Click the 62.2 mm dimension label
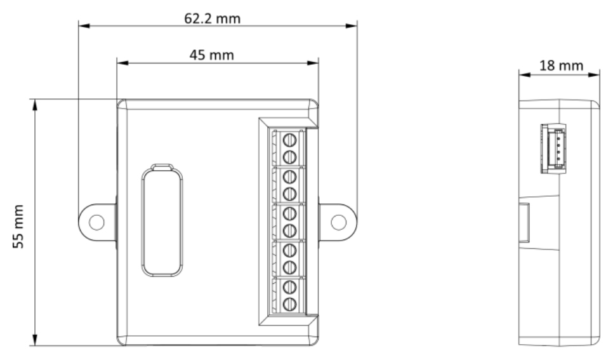point(213,18)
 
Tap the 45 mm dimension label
point(212,55)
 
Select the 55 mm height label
point(18,226)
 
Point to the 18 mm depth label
point(562,65)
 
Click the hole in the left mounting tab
point(96,222)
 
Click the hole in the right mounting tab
point(339,222)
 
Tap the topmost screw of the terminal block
point(289,140)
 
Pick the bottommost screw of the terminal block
point(289,304)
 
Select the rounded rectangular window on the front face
point(162,222)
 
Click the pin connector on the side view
point(553,149)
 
